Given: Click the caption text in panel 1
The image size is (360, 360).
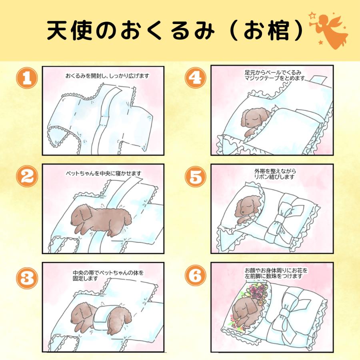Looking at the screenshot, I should tap(104, 75).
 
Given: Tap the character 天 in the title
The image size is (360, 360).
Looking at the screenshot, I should tap(58, 31).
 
